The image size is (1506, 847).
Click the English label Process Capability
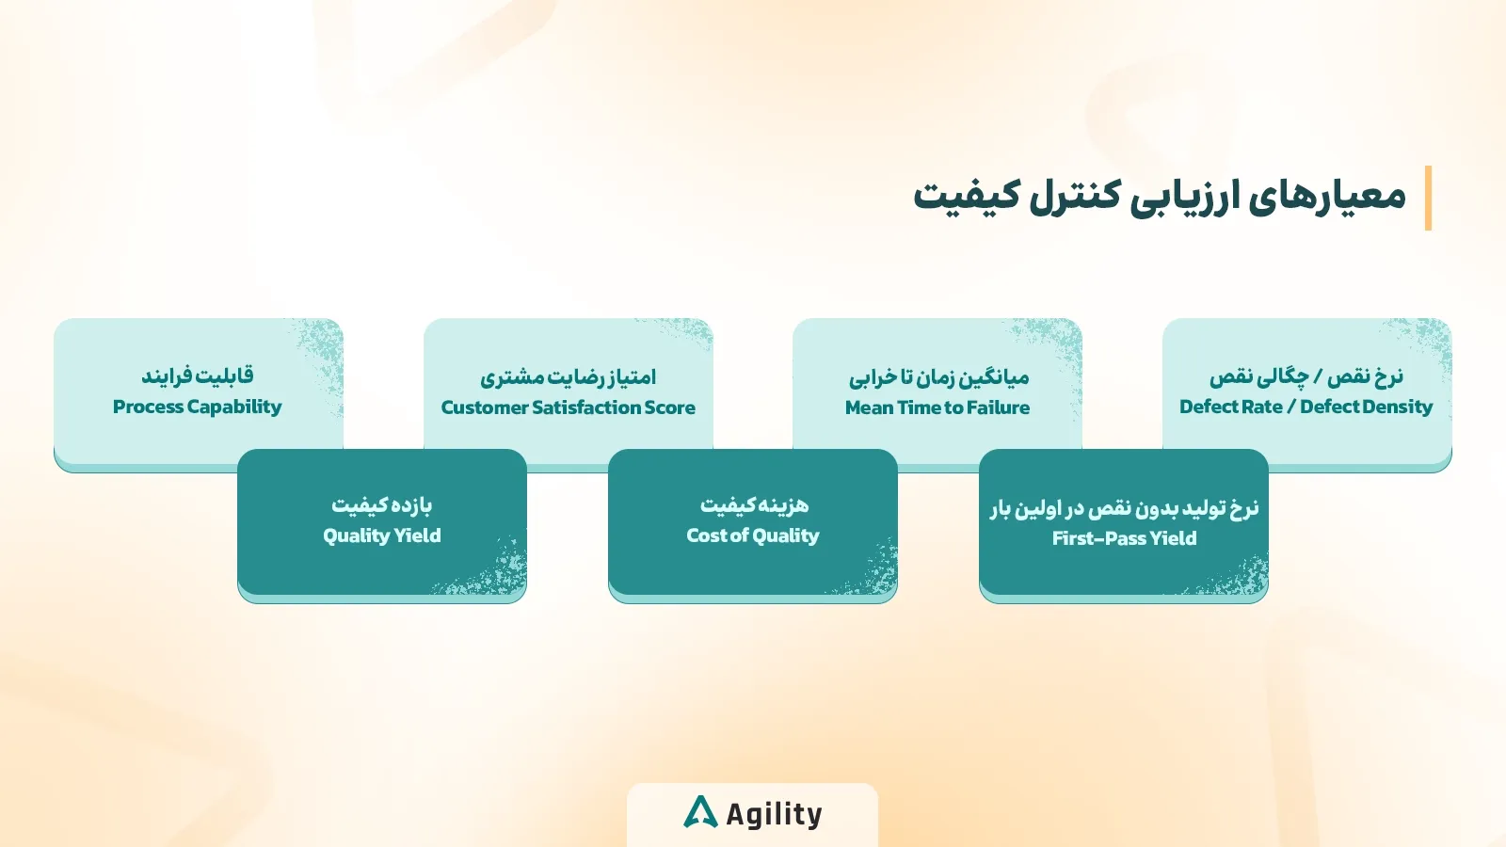pos(197,407)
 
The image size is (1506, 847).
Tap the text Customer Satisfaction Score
pos(568,408)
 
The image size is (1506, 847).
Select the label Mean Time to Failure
pos(937,408)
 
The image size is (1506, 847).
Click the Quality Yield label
pos(381,535)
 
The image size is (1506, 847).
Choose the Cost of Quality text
pos(752,535)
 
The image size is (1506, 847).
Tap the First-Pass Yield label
pos(1124,538)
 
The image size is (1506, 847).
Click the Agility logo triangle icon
pos(700,812)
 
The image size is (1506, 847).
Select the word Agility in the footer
pos(774,814)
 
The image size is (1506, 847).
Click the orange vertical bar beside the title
pos(1428,198)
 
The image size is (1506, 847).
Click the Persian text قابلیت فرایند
pos(197,376)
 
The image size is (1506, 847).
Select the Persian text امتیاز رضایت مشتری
pos(568,376)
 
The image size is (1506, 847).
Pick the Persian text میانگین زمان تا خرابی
pos(938,376)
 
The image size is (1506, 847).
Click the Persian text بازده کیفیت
pos(381,504)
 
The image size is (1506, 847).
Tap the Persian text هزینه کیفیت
pos(754,504)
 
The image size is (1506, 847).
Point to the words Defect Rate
pos(1230,407)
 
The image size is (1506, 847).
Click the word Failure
pos(999,408)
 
